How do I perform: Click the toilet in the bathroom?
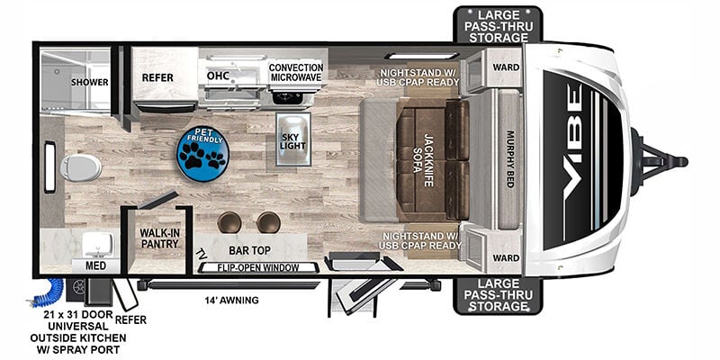click(80, 167)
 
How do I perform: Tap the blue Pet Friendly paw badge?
click(202, 153)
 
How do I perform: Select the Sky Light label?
click(293, 140)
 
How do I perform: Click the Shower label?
click(89, 82)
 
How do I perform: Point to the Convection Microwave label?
click(296, 72)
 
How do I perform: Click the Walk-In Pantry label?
click(159, 238)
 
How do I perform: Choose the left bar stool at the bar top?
click(229, 222)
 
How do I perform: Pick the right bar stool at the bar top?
click(268, 222)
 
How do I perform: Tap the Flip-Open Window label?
click(258, 267)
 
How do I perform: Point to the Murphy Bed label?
click(509, 159)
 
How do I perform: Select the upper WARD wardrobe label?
click(506, 67)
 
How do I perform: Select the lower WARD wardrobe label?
click(506, 258)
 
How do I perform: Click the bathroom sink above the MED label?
click(98, 243)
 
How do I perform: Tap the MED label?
click(95, 265)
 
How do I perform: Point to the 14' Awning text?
click(231, 301)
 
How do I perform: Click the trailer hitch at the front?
click(659, 162)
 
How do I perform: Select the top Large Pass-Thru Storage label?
click(499, 26)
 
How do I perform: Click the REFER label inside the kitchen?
click(157, 78)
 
